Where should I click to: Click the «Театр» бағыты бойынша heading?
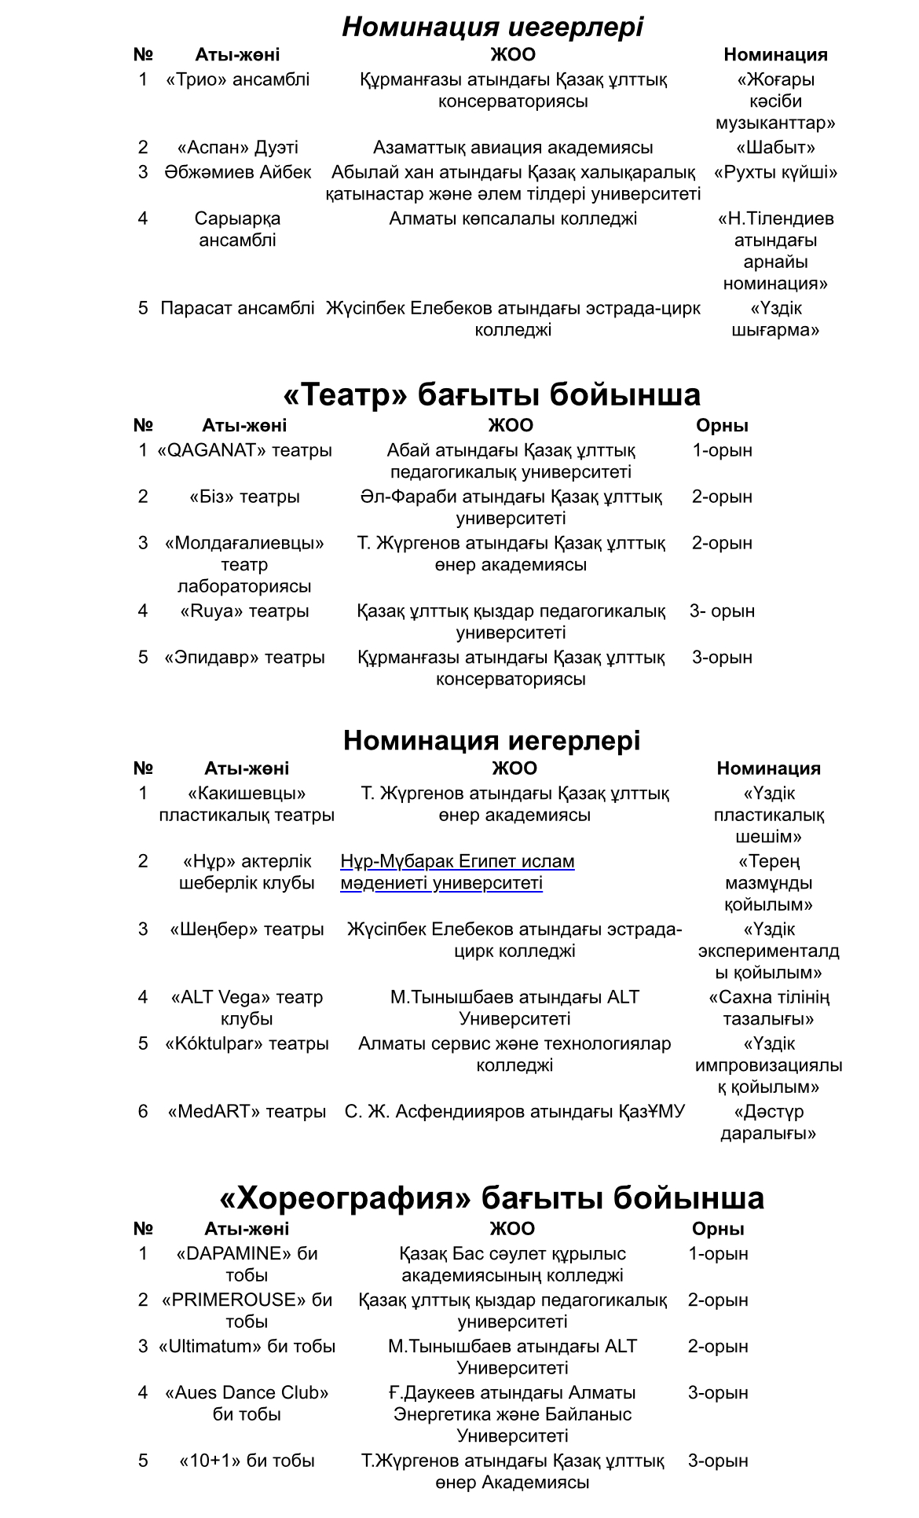[x=492, y=394]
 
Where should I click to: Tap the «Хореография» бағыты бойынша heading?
[x=492, y=1197]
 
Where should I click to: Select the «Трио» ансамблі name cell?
[x=237, y=79]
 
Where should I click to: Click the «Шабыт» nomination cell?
[x=775, y=148]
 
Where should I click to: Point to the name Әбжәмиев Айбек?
[x=237, y=172]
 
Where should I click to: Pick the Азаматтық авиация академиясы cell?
[x=513, y=148]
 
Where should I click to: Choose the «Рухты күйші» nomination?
[x=775, y=172]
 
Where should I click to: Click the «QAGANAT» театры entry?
[x=244, y=450]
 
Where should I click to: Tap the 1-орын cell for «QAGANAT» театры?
[x=722, y=450]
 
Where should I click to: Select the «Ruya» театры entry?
[x=244, y=610]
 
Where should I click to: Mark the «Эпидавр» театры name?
[x=244, y=657]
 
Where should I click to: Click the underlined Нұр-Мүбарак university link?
[x=457, y=872]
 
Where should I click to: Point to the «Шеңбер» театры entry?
[x=247, y=929]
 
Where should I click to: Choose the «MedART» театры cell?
[x=247, y=1111]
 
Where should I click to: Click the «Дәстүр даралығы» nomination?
[x=768, y=1122]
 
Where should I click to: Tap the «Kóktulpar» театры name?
[x=247, y=1043]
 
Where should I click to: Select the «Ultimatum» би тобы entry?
[x=247, y=1346]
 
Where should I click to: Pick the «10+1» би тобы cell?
[x=247, y=1461]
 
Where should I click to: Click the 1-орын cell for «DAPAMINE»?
[x=718, y=1253]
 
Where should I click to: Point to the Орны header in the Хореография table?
[x=718, y=1228]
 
